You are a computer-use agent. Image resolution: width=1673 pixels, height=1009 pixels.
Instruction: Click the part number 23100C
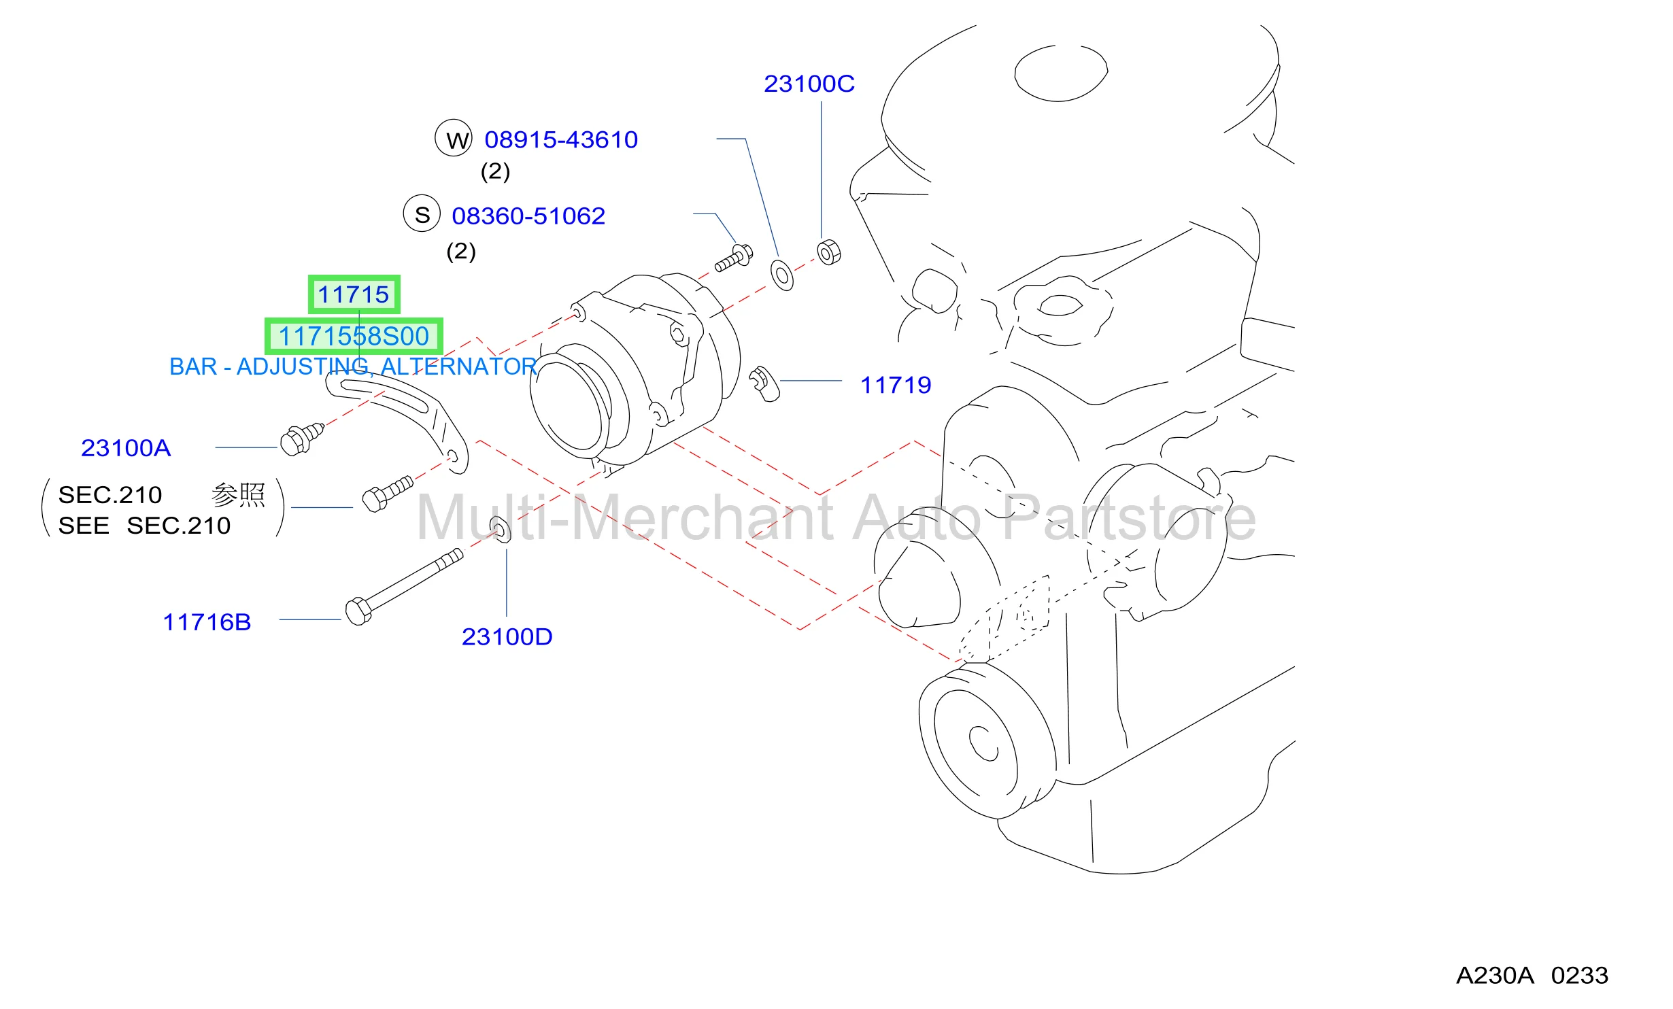coord(809,84)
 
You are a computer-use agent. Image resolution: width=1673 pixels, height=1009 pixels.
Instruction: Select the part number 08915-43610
coord(561,139)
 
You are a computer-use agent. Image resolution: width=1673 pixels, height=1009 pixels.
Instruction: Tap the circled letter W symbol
coord(454,138)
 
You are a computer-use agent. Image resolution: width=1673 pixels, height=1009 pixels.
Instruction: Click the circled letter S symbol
coord(422,213)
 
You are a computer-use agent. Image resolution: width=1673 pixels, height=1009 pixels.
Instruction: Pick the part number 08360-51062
coord(528,216)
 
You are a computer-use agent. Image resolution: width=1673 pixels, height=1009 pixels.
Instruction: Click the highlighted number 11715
coord(354,294)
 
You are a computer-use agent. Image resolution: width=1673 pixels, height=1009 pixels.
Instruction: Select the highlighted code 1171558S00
coord(354,336)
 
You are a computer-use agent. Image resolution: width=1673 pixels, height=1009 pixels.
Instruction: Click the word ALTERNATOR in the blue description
coord(459,366)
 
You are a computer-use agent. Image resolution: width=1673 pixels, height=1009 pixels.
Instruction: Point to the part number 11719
coord(896,385)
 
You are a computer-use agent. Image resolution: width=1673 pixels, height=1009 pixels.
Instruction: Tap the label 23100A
coord(126,448)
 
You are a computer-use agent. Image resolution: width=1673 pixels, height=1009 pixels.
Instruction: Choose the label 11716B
coord(207,622)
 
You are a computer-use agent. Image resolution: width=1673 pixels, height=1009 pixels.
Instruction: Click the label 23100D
coord(507,637)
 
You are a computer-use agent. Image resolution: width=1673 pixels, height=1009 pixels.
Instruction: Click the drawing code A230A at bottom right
coord(1495,976)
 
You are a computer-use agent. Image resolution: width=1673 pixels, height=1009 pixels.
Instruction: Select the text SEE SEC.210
coord(144,526)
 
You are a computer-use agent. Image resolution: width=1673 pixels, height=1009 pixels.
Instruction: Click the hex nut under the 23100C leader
coord(829,252)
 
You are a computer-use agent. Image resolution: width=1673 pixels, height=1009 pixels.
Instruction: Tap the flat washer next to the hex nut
coord(782,275)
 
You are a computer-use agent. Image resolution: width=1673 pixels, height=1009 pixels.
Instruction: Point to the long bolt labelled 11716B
coord(404,586)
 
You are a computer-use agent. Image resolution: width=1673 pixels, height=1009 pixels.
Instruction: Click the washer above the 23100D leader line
coord(500,530)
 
